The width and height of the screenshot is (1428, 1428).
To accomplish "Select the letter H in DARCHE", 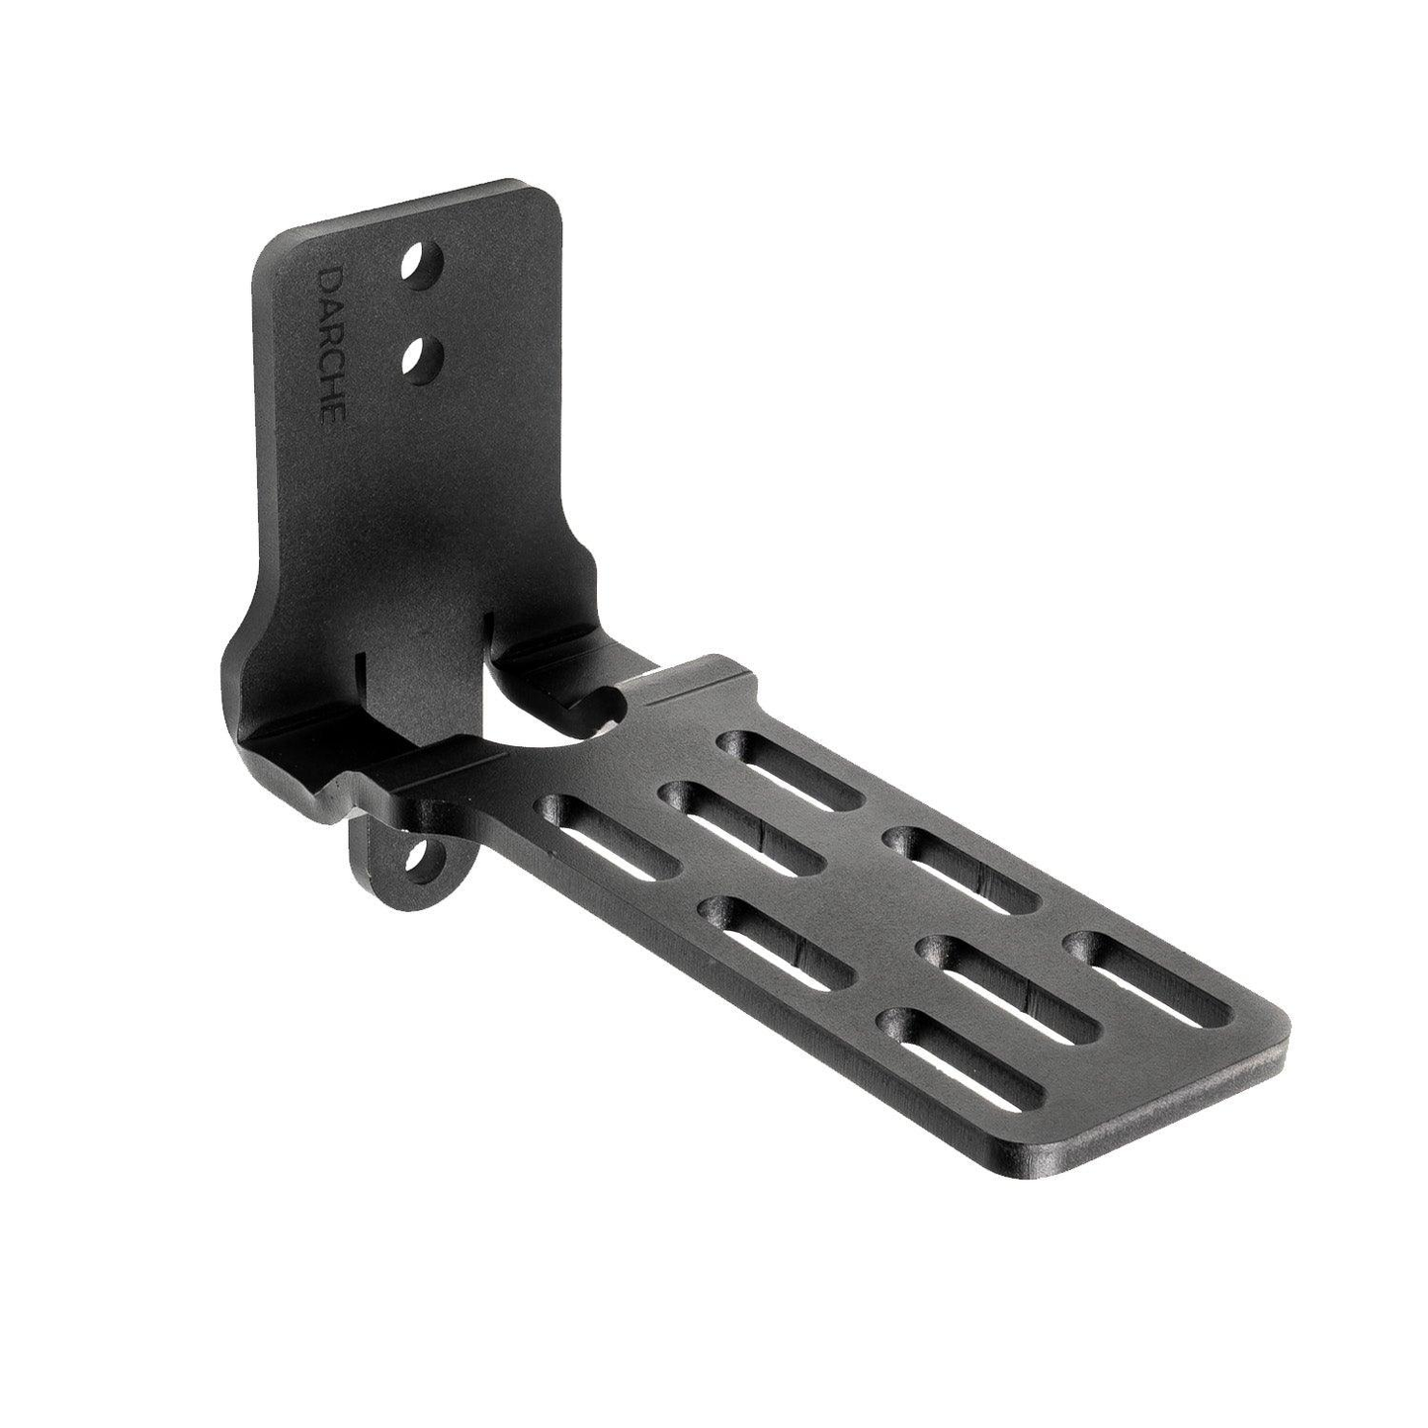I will click(330, 387).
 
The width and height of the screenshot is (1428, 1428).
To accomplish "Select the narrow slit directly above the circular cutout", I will click(489, 632).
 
